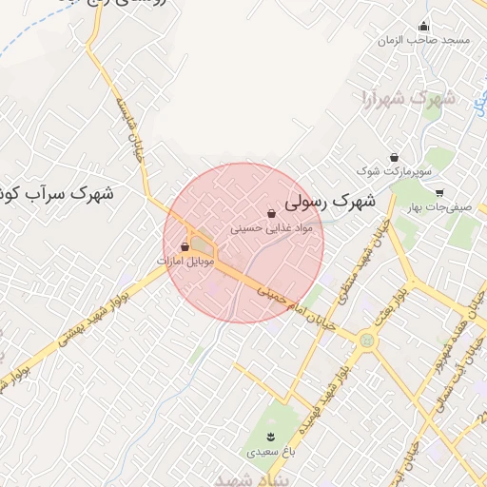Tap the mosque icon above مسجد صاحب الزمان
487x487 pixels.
(x=423, y=26)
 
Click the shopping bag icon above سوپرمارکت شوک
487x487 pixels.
(x=394, y=157)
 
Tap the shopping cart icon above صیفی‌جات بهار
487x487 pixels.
(x=438, y=192)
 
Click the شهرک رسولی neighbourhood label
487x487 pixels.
(x=331, y=202)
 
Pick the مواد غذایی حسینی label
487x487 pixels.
(x=272, y=228)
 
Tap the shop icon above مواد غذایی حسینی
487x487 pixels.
(x=272, y=214)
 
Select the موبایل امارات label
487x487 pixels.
(x=186, y=260)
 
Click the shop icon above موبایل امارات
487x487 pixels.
(x=185, y=246)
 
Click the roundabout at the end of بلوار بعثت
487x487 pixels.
(x=365, y=338)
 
